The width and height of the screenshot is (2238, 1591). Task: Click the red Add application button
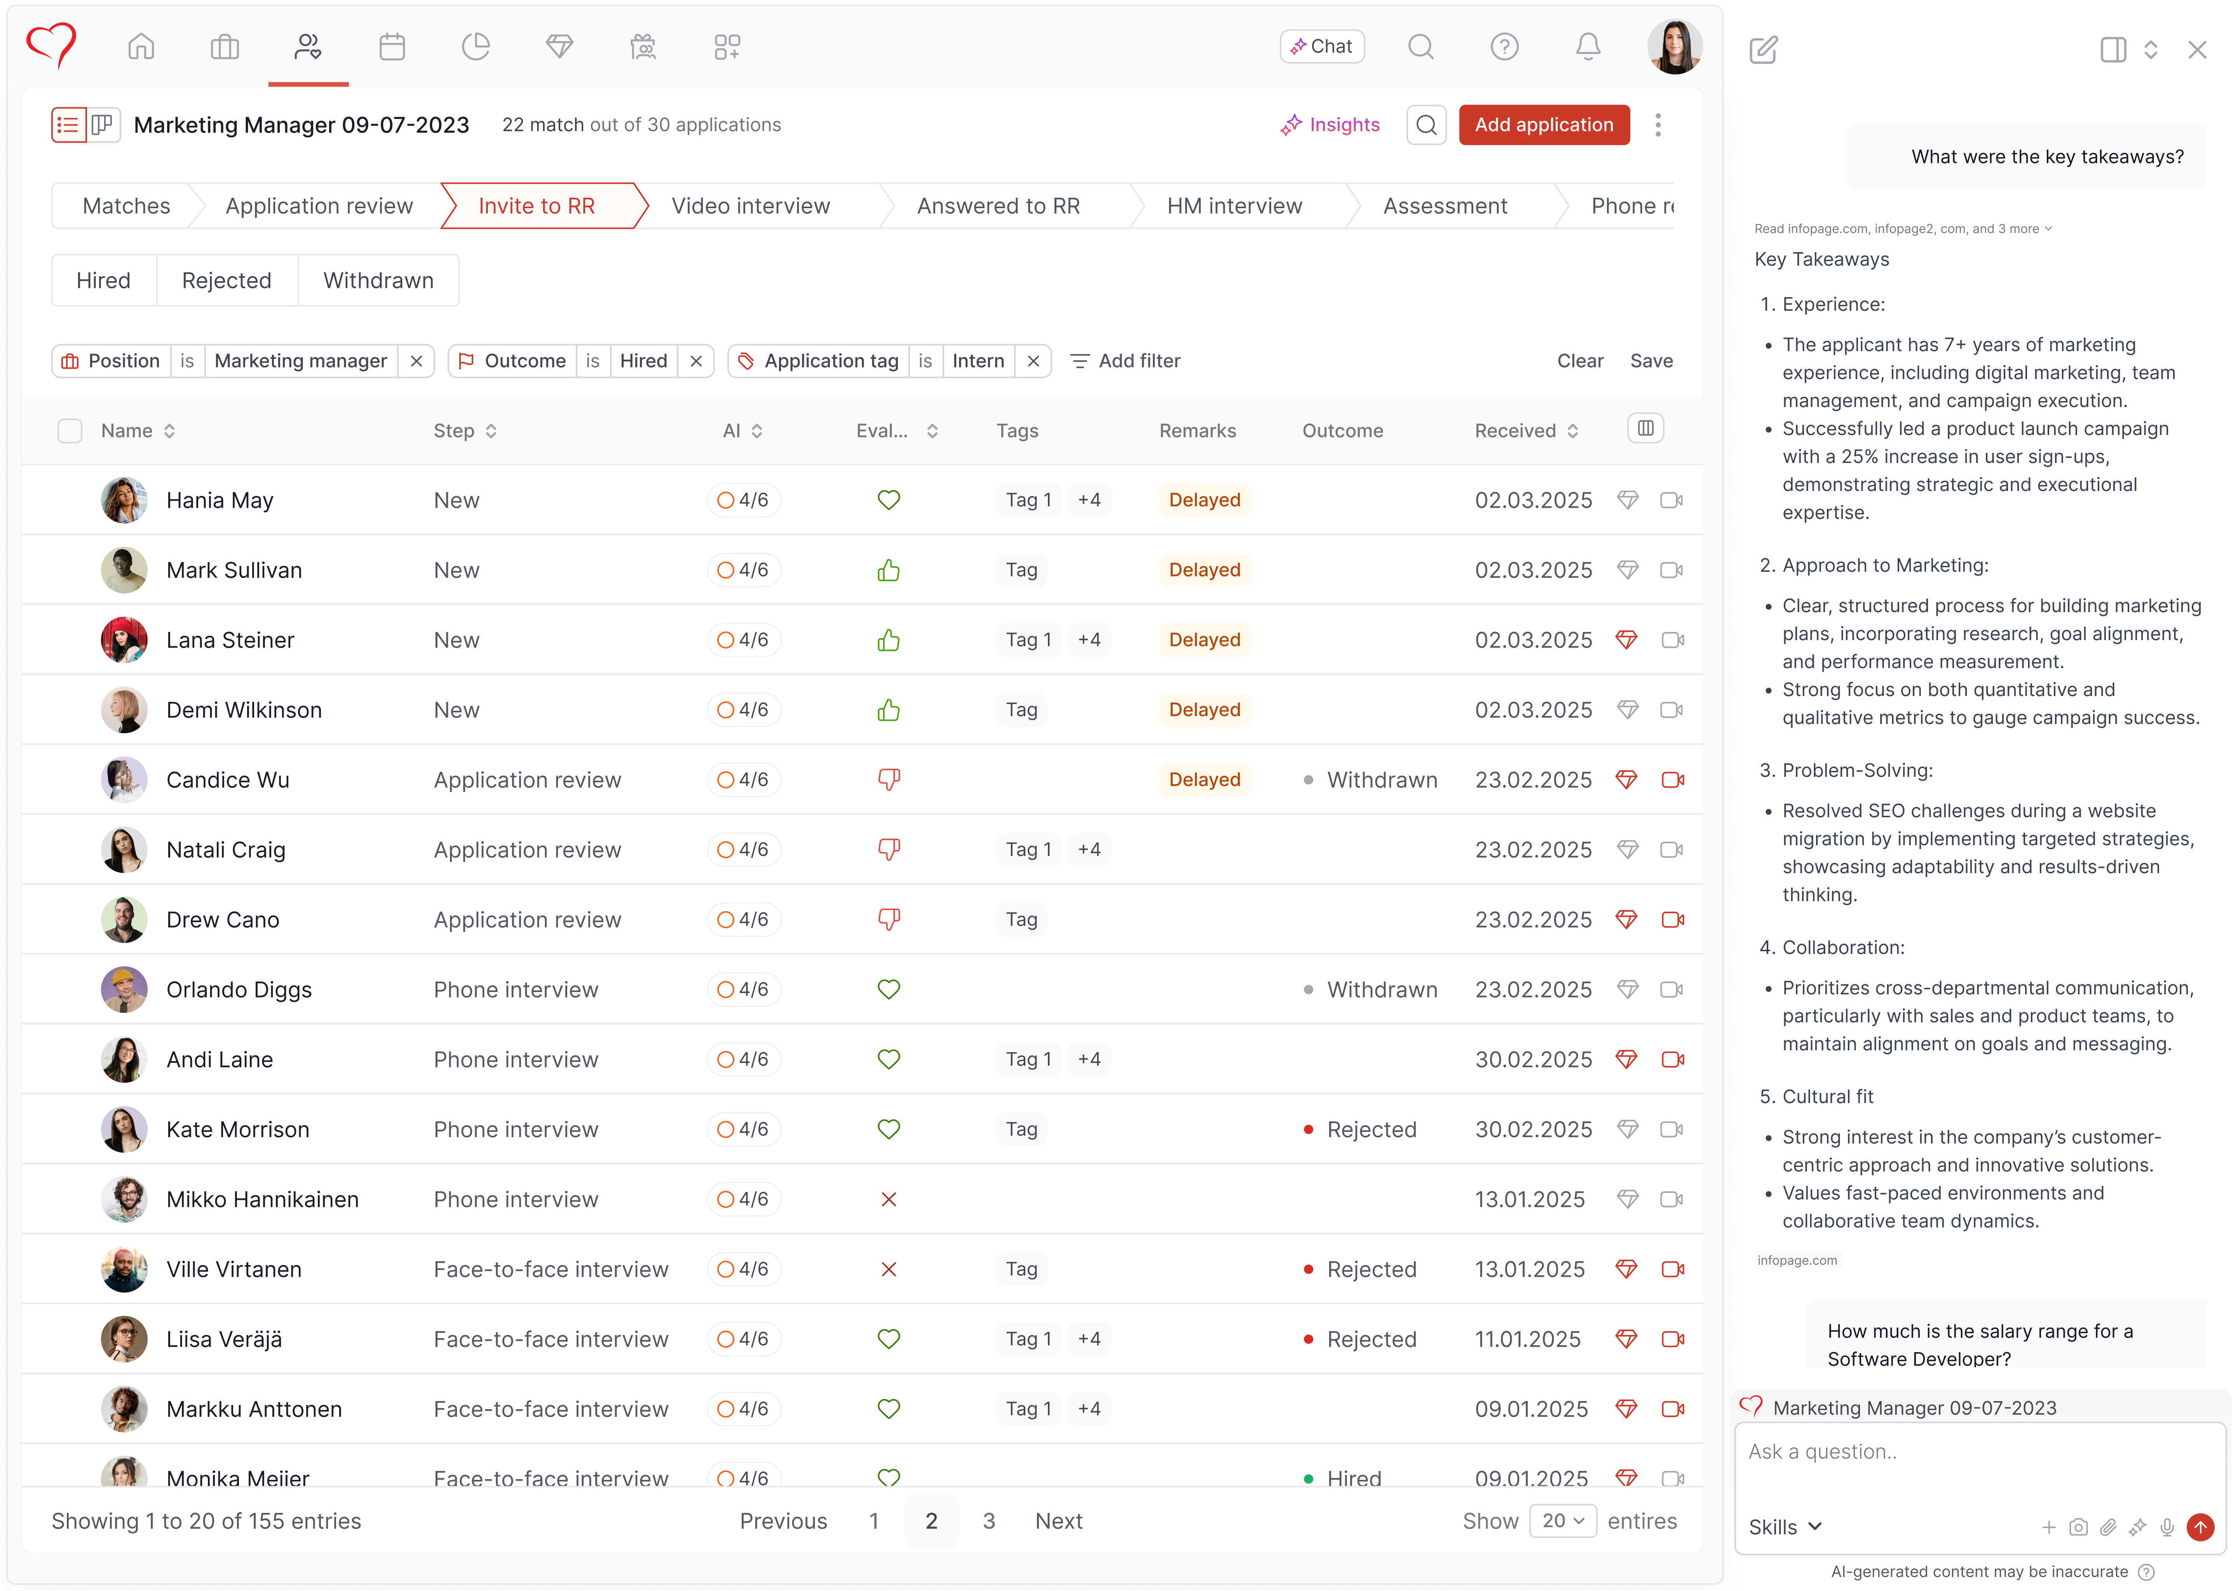(1543, 124)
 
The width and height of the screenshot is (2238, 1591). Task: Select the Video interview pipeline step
(751, 206)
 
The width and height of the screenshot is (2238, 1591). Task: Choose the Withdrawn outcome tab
(378, 280)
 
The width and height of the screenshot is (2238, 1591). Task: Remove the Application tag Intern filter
(1033, 360)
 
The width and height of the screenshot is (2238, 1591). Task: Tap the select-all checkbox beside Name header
(70, 431)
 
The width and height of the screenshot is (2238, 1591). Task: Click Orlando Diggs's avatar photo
(124, 989)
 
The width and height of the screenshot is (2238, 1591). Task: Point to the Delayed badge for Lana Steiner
(1204, 640)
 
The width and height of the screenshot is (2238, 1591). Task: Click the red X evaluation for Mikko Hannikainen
(889, 1199)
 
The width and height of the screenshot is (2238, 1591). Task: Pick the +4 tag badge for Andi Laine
(1089, 1059)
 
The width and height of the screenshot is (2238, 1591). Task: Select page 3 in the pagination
(989, 1520)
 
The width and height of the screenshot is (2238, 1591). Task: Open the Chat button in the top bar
(1322, 46)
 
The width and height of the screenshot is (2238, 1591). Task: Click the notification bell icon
(1587, 46)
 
